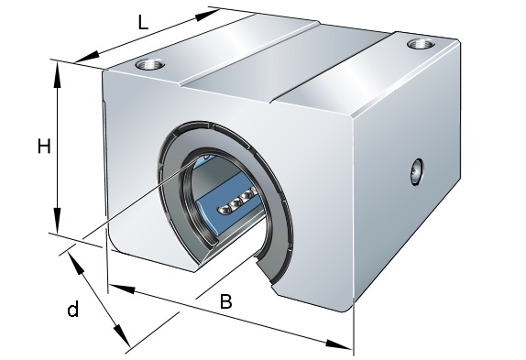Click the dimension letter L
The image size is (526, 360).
143,24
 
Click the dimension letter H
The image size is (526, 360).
44,147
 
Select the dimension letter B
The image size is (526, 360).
225,301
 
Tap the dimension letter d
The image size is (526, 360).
72,309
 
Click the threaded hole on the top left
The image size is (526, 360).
150,64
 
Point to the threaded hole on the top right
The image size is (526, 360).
421,44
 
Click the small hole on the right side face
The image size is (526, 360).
417,172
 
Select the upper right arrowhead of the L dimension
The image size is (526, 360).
207,15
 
